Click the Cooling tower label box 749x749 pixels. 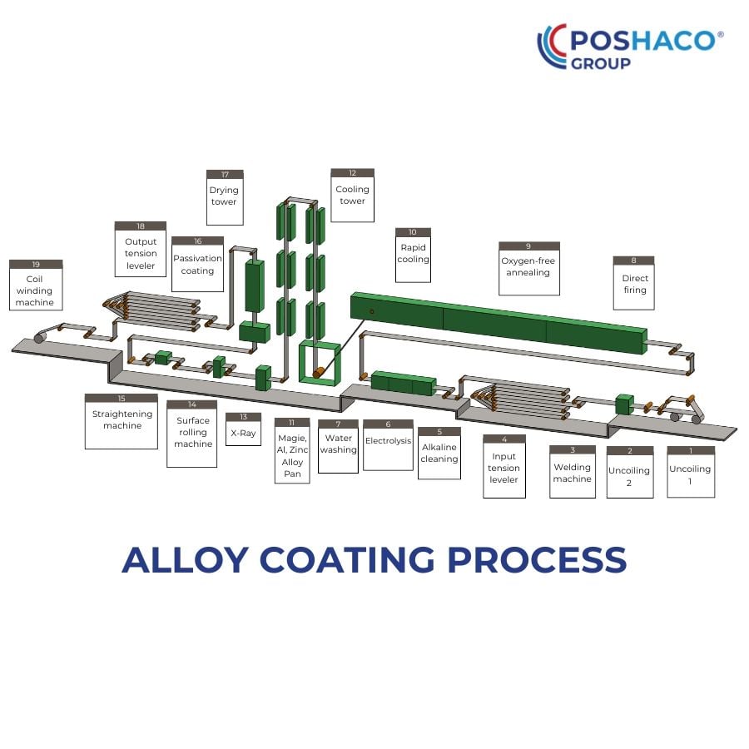(x=352, y=195)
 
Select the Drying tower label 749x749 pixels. (x=225, y=197)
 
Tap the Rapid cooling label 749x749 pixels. (x=413, y=255)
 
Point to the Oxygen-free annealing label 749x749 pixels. (x=528, y=269)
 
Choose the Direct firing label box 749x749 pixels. (x=634, y=283)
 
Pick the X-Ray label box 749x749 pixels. (x=243, y=429)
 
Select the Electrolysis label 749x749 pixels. (x=388, y=444)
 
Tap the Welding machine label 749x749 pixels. (x=573, y=472)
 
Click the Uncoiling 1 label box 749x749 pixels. (x=691, y=472)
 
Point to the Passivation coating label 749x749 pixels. (x=198, y=264)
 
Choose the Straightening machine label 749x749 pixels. (x=122, y=421)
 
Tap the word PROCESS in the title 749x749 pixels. (x=537, y=560)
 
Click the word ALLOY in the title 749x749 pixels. (x=186, y=560)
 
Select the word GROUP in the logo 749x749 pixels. (x=600, y=63)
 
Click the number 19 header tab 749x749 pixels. (x=36, y=264)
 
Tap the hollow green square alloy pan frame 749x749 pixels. (x=302, y=362)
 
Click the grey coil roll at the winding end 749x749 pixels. (x=40, y=338)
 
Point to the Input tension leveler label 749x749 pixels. (x=504, y=466)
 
